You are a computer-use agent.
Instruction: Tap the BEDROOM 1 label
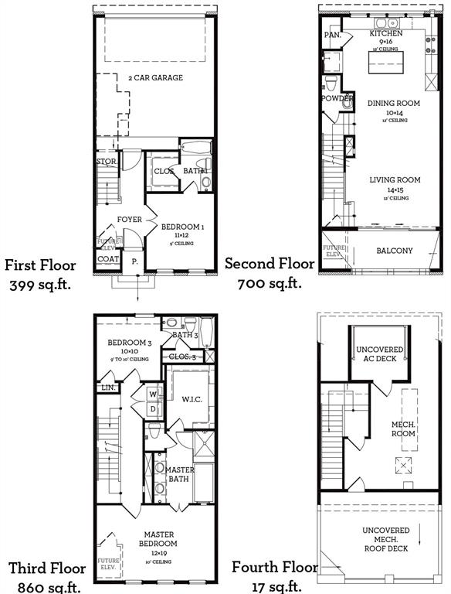click(x=182, y=227)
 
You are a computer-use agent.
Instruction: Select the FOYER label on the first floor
click(x=129, y=220)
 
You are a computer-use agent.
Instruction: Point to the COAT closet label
click(x=108, y=259)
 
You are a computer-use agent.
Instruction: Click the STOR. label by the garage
click(x=105, y=162)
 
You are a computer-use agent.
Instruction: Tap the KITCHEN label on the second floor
click(x=385, y=34)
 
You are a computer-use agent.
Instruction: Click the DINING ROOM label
click(x=393, y=103)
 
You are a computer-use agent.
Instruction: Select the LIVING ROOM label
click(x=394, y=180)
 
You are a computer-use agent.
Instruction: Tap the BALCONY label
click(x=395, y=251)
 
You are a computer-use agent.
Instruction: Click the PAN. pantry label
click(x=333, y=35)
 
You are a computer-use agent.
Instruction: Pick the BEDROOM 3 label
click(x=128, y=343)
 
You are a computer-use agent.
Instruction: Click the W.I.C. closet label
click(x=192, y=400)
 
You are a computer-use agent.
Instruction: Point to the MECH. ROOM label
click(x=402, y=428)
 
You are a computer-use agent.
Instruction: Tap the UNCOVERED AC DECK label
click(x=379, y=355)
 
